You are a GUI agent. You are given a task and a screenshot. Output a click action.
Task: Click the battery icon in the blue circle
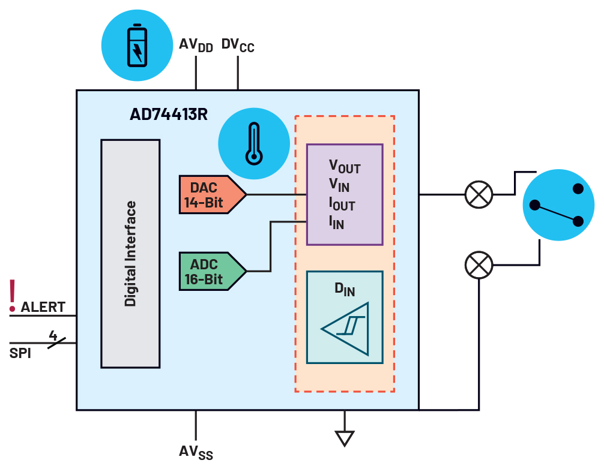point(137,45)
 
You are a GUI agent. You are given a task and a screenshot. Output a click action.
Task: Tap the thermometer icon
point(255,144)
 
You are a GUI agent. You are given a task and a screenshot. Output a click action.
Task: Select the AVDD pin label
point(196,45)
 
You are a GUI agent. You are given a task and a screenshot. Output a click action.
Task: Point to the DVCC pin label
point(238,45)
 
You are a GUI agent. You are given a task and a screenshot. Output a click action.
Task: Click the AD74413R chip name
point(169,115)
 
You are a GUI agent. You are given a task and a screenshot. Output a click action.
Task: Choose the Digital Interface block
point(130,253)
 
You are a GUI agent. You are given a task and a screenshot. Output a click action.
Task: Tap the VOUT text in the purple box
point(345,166)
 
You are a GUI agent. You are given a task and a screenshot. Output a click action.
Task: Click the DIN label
point(345,289)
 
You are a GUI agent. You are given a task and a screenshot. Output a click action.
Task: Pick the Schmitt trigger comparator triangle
point(346,328)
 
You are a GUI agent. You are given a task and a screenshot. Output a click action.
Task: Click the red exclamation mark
point(12,295)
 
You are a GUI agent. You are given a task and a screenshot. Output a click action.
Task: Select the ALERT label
point(43,308)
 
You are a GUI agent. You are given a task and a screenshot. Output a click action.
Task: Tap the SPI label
point(20,353)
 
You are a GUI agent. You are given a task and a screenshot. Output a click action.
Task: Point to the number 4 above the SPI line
point(53,335)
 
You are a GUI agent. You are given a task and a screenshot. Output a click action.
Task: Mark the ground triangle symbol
point(344,438)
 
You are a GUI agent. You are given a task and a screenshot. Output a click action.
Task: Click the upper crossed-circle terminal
point(479,194)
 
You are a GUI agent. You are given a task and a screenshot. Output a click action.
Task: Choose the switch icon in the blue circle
point(558,205)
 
